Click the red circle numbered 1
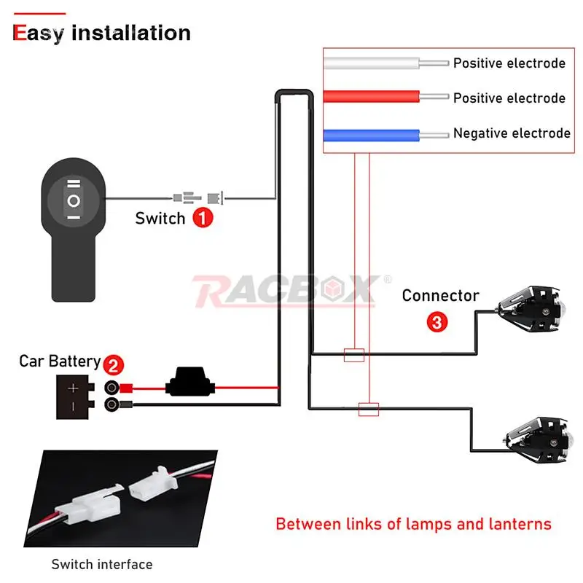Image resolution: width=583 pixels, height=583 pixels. [x=203, y=217]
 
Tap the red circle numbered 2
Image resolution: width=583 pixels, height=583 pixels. [x=114, y=365]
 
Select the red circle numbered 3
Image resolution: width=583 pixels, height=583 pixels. [x=437, y=322]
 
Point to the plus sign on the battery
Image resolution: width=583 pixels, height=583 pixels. [x=73, y=388]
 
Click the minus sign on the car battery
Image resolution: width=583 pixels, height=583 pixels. [x=73, y=407]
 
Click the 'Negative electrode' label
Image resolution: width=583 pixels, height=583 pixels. [x=512, y=133]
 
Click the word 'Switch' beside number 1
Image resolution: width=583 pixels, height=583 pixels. [x=160, y=218]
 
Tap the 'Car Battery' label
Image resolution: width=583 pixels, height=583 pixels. [x=60, y=361]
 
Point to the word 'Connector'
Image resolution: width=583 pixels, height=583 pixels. [x=441, y=296]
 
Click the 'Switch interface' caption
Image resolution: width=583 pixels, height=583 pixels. [x=102, y=564]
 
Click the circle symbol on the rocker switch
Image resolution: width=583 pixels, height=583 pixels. [x=74, y=201]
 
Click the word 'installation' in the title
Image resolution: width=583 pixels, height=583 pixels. [x=131, y=33]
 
